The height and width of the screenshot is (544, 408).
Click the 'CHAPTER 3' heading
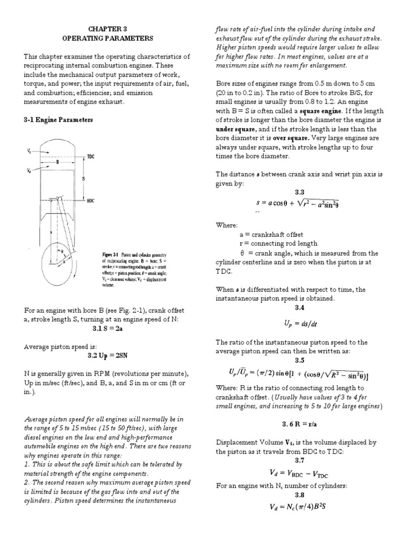coord(100,29)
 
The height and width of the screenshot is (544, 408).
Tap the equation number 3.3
coord(300,192)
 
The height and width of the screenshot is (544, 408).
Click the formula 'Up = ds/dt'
coord(301,323)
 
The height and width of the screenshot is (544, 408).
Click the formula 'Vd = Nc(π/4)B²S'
coord(301,506)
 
